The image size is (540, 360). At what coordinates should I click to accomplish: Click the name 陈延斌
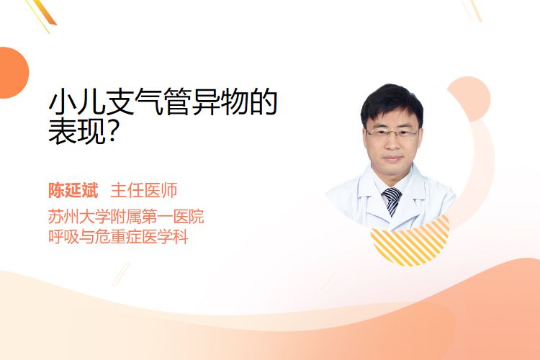click(73, 191)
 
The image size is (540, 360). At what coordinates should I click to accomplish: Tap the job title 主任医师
click(144, 191)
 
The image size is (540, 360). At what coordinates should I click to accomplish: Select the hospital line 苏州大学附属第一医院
click(126, 217)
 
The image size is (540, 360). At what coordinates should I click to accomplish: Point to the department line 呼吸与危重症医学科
click(118, 237)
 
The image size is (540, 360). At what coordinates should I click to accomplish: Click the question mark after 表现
click(111, 131)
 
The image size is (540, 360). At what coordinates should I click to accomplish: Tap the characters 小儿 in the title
click(77, 102)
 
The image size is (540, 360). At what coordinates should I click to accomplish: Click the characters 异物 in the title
click(220, 102)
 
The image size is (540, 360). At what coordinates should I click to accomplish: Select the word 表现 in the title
click(77, 131)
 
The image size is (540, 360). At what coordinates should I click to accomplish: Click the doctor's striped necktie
click(392, 201)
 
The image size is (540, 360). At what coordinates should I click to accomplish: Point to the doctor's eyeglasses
click(392, 133)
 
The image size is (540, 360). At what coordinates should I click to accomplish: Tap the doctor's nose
click(392, 143)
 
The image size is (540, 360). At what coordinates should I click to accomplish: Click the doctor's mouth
click(392, 159)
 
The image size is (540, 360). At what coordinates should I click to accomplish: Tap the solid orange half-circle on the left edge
click(13, 73)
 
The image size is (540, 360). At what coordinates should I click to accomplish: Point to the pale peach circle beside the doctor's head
click(469, 99)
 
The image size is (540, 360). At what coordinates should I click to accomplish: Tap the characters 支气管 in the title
click(149, 102)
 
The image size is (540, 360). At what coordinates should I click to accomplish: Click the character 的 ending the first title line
click(264, 102)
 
